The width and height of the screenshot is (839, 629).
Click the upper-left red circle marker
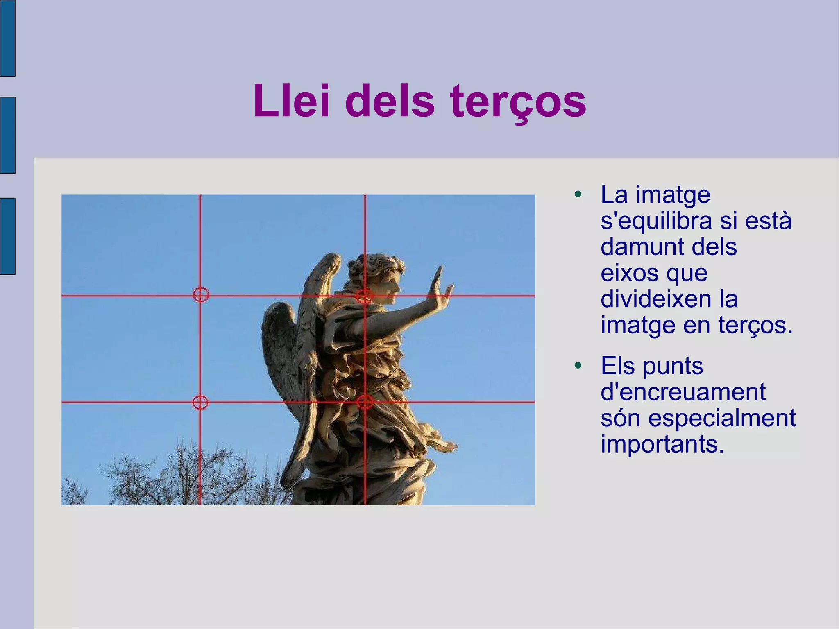tap(201, 294)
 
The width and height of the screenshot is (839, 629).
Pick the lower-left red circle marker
tap(200, 403)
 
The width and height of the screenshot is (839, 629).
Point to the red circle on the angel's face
tap(364, 295)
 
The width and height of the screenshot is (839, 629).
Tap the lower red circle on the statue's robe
tap(365, 402)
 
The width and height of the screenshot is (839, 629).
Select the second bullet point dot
tap(578, 365)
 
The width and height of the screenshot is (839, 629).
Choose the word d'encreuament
tap(683, 392)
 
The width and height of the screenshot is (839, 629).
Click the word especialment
tap(722, 418)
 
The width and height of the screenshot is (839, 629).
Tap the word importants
tap(662, 444)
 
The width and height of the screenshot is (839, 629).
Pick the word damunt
tap(646, 247)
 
